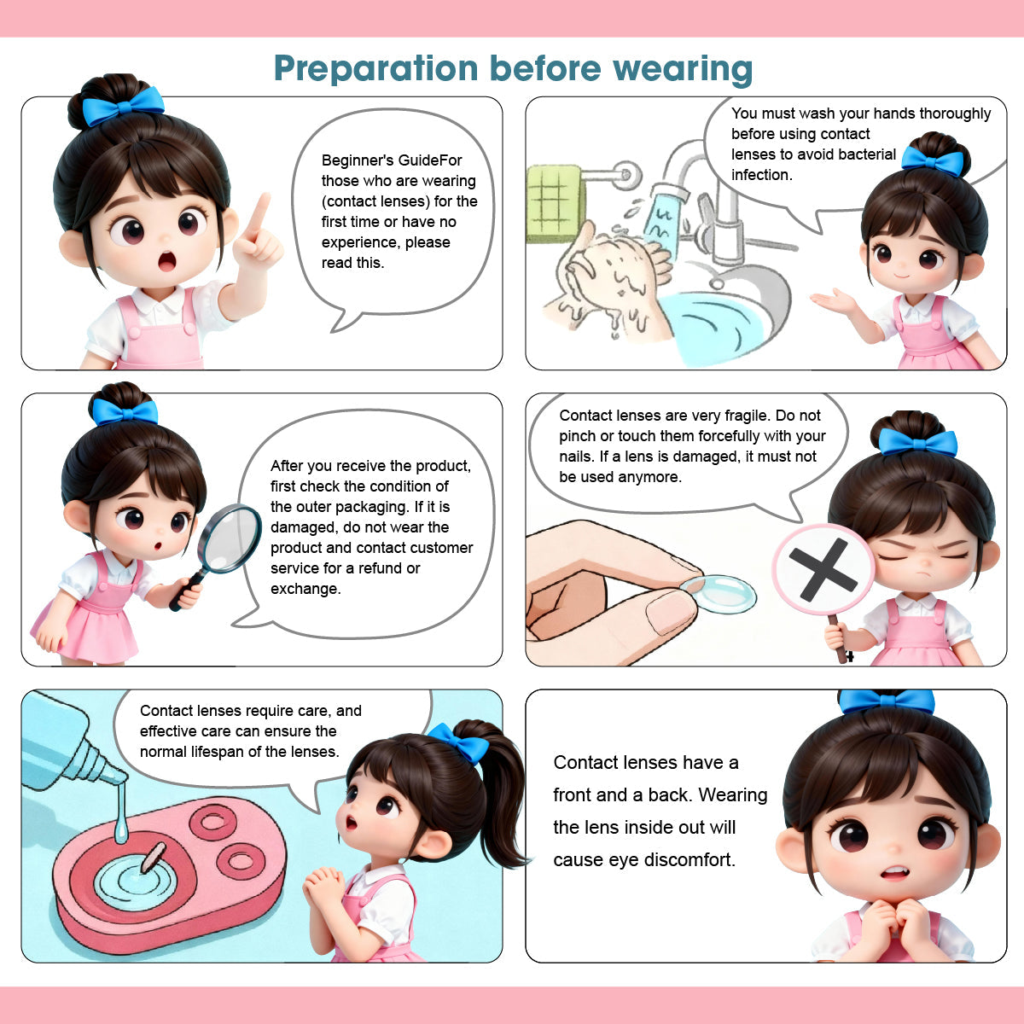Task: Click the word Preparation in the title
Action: [375, 68]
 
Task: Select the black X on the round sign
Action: [823, 569]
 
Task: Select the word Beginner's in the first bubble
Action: [358, 160]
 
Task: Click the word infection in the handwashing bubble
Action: [762, 175]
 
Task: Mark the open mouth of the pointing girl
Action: [166, 261]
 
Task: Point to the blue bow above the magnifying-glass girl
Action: [125, 411]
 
